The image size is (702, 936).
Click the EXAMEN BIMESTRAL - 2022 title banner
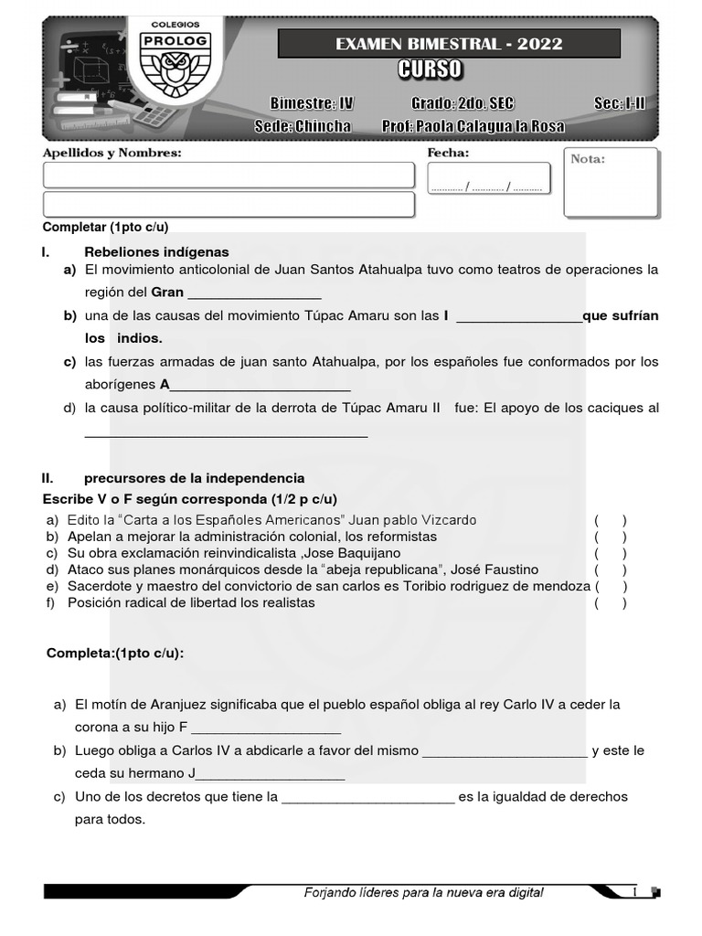click(x=449, y=44)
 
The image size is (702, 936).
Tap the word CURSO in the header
click(x=430, y=70)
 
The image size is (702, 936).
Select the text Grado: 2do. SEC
click(x=463, y=103)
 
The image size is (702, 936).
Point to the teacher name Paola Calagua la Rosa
click(x=473, y=126)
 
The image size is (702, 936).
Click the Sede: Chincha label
click(x=302, y=126)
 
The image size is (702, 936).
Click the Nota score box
click(x=610, y=183)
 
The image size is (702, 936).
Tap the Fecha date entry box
click(x=488, y=179)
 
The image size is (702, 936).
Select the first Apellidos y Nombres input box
click(x=229, y=175)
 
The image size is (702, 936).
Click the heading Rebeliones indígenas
click(x=156, y=251)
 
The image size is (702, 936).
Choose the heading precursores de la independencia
click(x=194, y=478)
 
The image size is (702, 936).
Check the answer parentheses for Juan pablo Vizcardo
click(x=610, y=520)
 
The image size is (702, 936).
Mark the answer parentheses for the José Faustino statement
click(x=610, y=569)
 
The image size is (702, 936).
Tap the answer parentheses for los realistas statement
click(x=610, y=602)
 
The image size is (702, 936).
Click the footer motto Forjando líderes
click(x=423, y=892)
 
